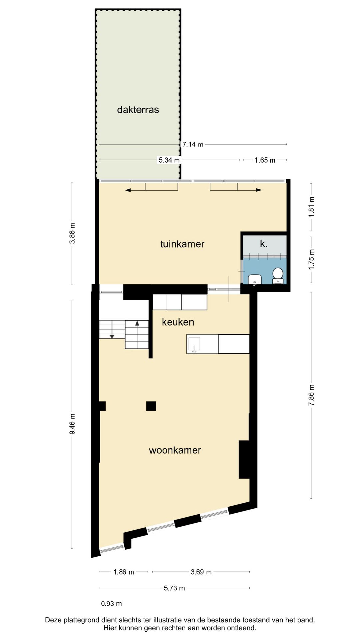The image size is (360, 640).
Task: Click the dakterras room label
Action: coord(138,110)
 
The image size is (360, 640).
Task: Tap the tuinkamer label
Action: coord(182,244)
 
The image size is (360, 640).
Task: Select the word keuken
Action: coord(178,322)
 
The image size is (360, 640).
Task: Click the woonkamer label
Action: coord(175,450)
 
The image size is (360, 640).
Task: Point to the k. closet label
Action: coord(263,244)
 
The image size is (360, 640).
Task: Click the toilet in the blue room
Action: coord(278,275)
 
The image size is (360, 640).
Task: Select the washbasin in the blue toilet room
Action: coord(255,279)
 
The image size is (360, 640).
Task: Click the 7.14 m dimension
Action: coord(193,144)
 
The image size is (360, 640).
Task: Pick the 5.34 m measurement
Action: coord(169,160)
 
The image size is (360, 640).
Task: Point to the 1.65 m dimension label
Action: coord(265,160)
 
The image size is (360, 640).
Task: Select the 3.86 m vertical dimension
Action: coord(72,233)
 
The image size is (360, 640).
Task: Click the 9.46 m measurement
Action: coord(72,424)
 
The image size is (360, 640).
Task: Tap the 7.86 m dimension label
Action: coord(311,395)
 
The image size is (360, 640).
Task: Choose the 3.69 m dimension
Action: coord(201,572)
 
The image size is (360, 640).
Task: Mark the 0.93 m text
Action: coord(111,604)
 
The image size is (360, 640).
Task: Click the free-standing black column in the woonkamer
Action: coord(151,406)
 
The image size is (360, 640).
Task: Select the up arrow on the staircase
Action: coord(137,323)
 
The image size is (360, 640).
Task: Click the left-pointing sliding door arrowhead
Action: coord(128,190)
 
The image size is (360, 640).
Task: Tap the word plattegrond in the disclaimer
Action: coord(81,620)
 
